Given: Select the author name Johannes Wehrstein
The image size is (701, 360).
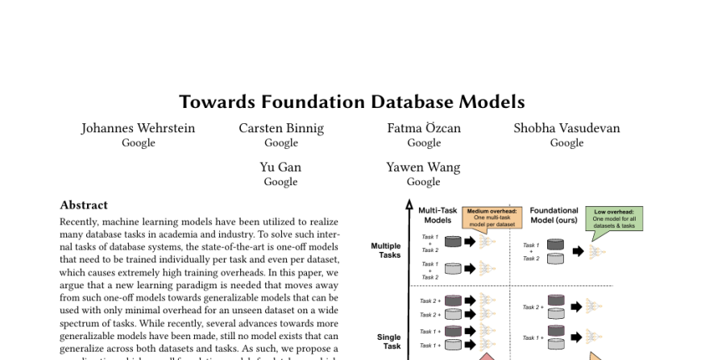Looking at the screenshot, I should click(138, 128).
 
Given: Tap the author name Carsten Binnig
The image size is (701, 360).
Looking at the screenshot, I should click(281, 128).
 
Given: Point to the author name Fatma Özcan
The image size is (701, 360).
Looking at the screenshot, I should click(424, 128).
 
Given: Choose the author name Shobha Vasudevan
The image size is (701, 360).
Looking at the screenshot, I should click(566, 128).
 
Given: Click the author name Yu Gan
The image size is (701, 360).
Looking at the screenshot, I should click(280, 168).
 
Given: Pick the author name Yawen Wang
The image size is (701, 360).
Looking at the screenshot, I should click(423, 168).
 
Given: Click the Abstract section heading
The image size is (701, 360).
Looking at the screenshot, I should click(84, 205).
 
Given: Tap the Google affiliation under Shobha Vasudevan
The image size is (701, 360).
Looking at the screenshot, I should click(566, 143).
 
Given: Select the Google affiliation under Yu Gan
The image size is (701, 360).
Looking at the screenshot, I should click(280, 182).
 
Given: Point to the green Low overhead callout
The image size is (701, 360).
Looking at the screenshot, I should click(614, 217).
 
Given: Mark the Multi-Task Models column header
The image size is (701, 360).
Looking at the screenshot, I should click(438, 215).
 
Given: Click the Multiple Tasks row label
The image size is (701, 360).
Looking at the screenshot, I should click(385, 250).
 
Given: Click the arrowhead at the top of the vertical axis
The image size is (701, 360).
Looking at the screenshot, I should click(409, 207).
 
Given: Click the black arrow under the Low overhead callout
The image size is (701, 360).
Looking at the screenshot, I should click(578, 251).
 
